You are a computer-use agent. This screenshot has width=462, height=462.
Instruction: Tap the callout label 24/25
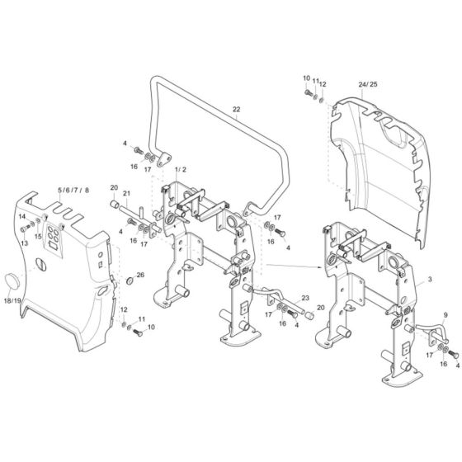coord(368,84)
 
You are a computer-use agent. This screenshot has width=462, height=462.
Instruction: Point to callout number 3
coord(430,281)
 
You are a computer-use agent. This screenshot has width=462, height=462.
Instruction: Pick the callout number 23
coord(305,298)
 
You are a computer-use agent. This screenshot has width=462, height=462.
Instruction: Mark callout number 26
coord(140,275)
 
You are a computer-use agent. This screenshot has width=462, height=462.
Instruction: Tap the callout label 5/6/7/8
coord(72,191)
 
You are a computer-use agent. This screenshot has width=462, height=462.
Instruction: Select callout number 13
coord(24,243)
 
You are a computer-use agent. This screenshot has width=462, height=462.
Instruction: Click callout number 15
coord(38,237)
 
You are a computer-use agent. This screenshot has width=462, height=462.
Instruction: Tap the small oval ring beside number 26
coord(129,281)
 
